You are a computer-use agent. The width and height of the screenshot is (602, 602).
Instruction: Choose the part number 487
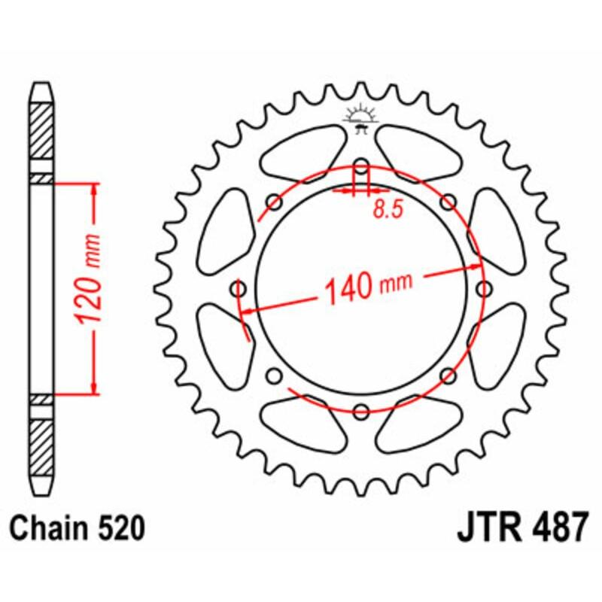556,528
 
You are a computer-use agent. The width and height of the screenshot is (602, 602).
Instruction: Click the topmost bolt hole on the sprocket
361,167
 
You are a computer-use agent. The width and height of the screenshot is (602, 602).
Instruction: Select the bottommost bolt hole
361,411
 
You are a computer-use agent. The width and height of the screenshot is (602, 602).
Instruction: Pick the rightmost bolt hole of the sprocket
483,289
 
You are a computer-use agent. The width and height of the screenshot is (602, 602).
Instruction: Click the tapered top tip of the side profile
42,90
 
